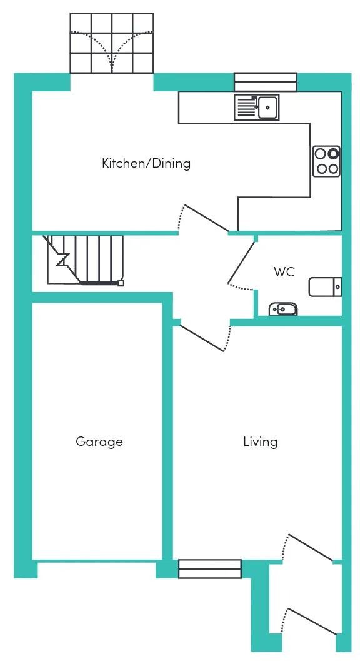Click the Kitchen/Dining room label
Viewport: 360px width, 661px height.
[x=146, y=163]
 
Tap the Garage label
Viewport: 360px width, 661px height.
[x=99, y=442]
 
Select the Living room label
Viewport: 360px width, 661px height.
[x=261, y=442]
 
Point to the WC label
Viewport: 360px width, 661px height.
[x=284, y=272]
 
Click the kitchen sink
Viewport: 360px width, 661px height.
[x=256, y=107]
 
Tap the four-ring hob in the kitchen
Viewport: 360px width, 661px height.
[x=327, y=161]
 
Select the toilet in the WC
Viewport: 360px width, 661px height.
[x=325, y=286]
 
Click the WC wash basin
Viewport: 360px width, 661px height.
[x=283, y=310]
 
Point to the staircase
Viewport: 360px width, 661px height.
[x=85, y=260]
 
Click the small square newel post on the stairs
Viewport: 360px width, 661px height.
[x=121, y=283]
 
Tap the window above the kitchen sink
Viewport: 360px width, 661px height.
[x=266, y=82]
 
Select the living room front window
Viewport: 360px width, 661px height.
[x=210, y=569]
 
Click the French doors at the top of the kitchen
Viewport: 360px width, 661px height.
[x=112, y=43]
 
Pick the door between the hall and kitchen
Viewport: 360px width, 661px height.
[x=204, y=219]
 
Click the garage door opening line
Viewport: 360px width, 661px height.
[x=97, y=561]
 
